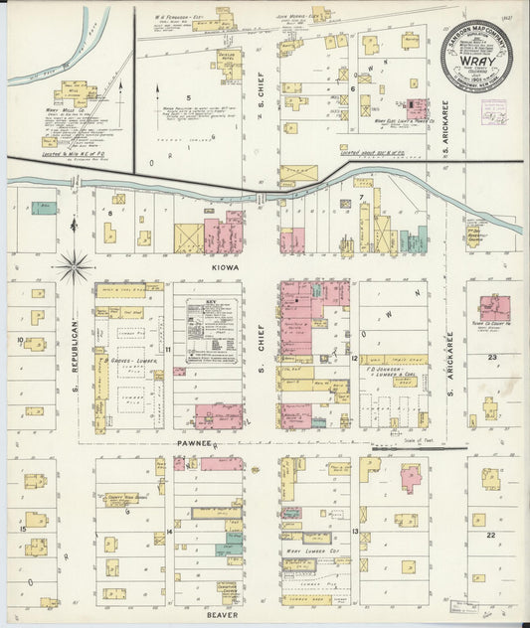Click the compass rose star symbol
tap(76, 265)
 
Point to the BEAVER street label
tap(223, 615)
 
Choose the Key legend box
tap(207, 329)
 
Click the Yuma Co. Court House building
tap(493, 309)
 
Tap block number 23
tap(491, 357)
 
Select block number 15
tap(21, 530)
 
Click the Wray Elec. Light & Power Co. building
tap(417, 108)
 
